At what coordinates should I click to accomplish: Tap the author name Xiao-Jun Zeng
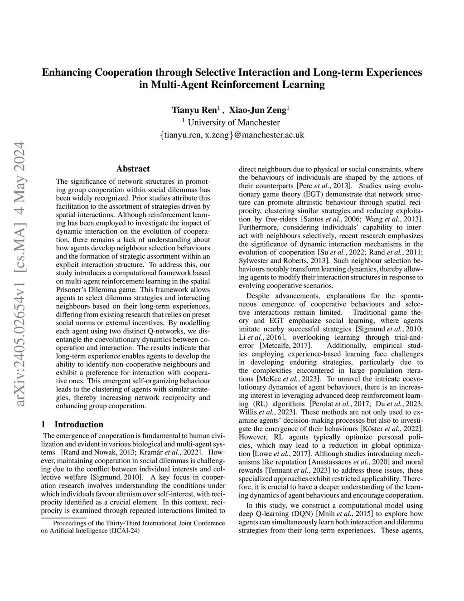257,110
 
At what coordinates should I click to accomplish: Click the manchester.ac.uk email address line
232,135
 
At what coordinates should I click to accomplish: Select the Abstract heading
133,169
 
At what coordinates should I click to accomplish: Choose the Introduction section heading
79,425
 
